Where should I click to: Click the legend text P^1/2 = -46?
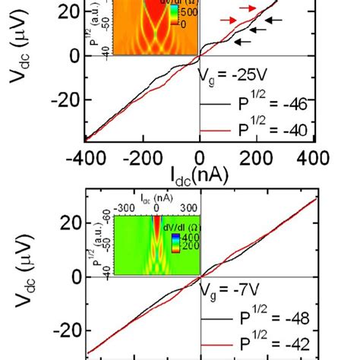pyautogui.click(x=270, y=106)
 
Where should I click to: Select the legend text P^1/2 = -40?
pyautogui.click(x=270, y=131)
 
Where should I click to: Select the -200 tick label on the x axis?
pyautogui.click(x=141, y=157)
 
